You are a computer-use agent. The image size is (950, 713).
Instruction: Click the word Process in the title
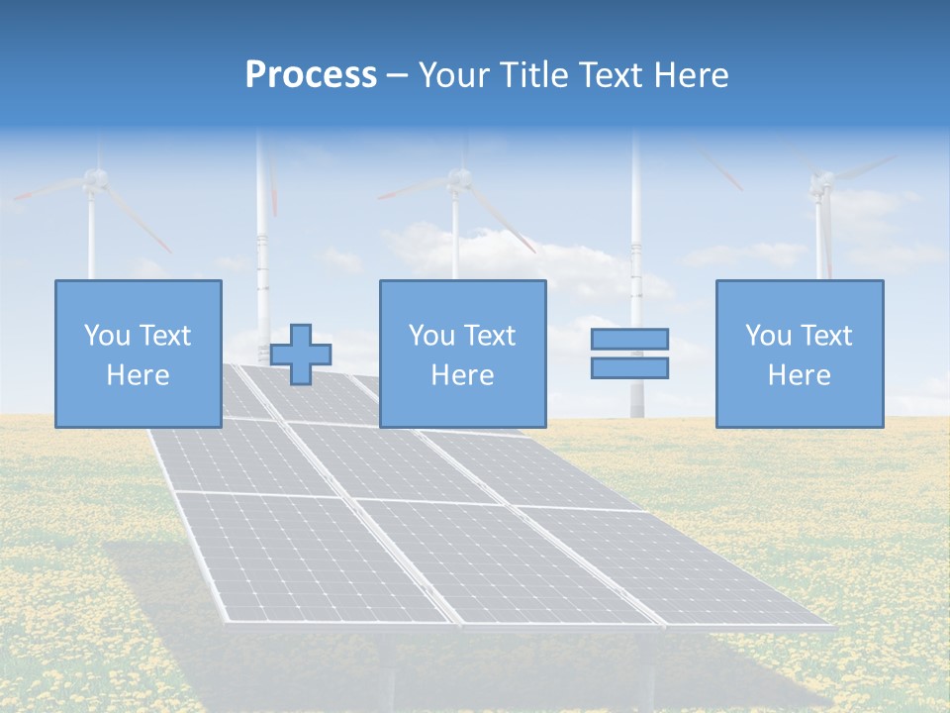(311, 75)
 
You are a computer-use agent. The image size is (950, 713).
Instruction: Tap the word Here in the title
(693, 75)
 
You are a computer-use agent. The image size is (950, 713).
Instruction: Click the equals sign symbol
(629, 354)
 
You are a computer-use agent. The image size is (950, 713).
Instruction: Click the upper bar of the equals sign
(629, 340)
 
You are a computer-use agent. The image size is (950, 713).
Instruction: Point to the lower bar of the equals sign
(629, 367)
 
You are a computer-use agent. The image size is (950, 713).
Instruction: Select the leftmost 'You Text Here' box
(138, 354)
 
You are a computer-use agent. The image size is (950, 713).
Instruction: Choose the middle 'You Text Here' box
(462, 354)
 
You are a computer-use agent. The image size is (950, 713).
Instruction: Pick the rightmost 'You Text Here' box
(799, 354)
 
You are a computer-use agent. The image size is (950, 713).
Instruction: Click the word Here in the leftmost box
(138, 375)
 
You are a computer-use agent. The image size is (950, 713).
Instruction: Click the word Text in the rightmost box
(827, 336)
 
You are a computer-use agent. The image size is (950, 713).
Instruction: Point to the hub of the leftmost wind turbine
(94, 178)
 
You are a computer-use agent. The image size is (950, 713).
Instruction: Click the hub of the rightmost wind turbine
(820, 182)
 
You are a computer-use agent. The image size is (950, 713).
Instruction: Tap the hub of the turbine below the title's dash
(457, 179)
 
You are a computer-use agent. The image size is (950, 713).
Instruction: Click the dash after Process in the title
(397, 76)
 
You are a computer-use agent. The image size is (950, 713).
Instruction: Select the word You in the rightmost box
(767, 336)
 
